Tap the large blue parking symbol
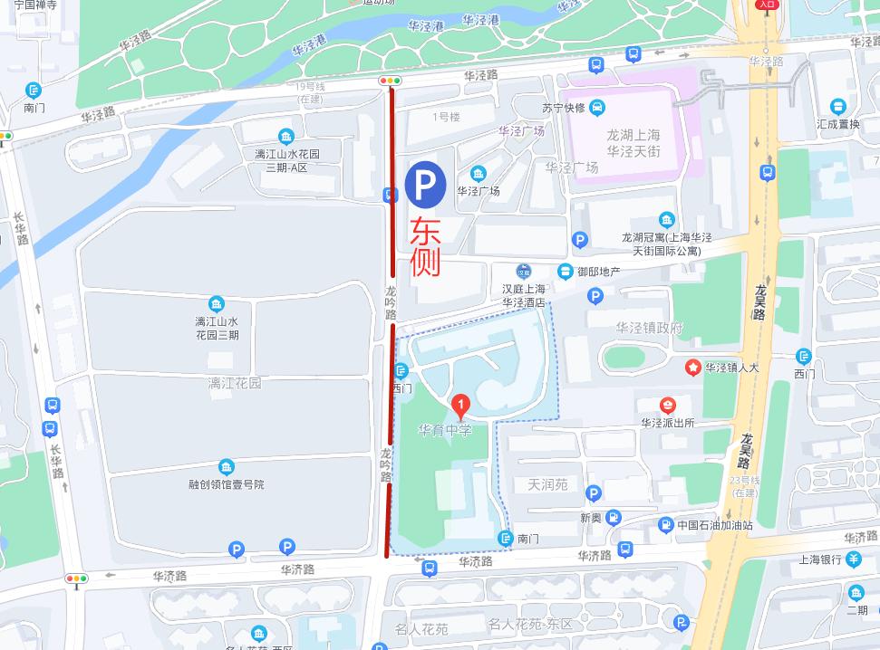click(x=425, y=183)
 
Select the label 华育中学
click(x=445, y=430)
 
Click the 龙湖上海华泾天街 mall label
click(x=633, y=143)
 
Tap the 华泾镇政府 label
click(x=649, y=328)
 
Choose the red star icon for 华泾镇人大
click(x=693, y=368)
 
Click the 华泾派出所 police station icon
click(x=668, y=405)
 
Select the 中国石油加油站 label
click(x=714, y=525)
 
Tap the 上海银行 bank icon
click(x=854, y=559)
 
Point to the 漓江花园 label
click(x=234, y=383)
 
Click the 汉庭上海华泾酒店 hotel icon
click(x=523, y=271)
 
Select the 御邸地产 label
click(x=598, y=272)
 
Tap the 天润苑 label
click(x=547, y=484)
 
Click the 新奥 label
click(x=590, y=518)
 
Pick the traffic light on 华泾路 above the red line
click(x=391, y=81)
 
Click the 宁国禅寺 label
click(x=35, y=5)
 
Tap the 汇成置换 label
click(x=837, y=124)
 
